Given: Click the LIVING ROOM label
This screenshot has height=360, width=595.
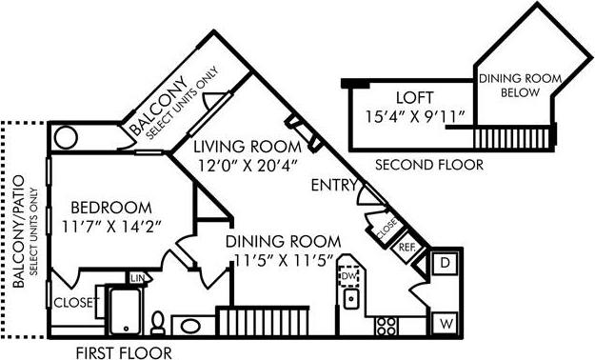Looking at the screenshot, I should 247,148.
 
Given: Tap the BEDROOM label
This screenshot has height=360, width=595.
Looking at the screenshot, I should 110,207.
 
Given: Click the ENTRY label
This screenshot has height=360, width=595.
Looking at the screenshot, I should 334,187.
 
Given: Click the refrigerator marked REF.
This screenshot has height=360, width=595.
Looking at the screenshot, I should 407,246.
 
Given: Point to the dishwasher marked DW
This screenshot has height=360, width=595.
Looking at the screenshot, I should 348,276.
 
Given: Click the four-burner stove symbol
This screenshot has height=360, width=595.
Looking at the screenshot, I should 386,326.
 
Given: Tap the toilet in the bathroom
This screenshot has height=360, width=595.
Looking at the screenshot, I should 159,322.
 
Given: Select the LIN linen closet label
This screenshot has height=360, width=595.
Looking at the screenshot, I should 137,278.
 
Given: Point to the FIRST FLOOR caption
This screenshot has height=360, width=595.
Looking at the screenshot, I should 124,351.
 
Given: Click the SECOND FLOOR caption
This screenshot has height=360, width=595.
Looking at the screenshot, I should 428,165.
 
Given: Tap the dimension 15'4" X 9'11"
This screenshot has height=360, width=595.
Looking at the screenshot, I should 416,117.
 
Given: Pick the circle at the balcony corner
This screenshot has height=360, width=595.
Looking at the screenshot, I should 67,137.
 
